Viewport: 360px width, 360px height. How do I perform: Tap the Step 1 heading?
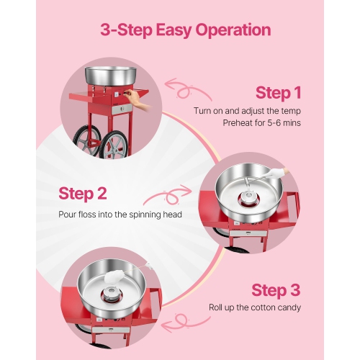point(278,93)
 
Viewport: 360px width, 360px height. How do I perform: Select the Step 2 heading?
point(82,194)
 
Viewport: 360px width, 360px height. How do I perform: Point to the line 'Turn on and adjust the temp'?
point(247,110)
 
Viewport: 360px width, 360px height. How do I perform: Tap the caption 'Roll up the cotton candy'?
point(255,307)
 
